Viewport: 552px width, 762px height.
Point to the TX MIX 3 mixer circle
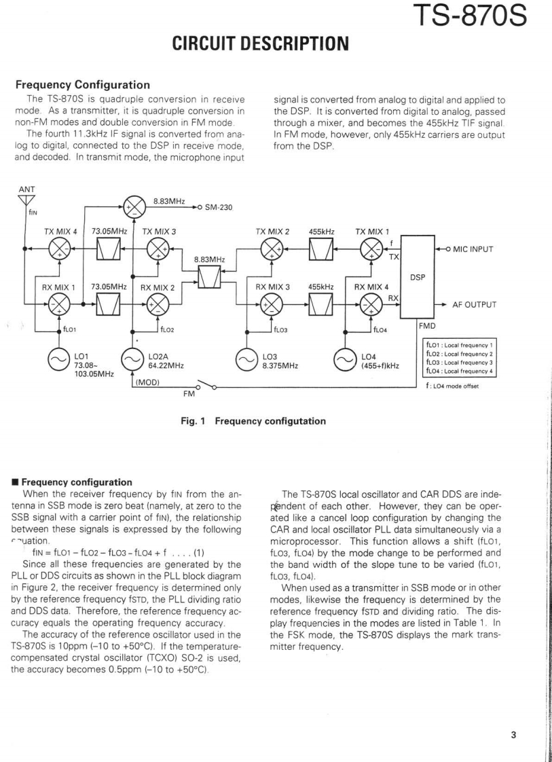(x=158, y=249)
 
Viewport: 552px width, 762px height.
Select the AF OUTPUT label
(x=476, y=305)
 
